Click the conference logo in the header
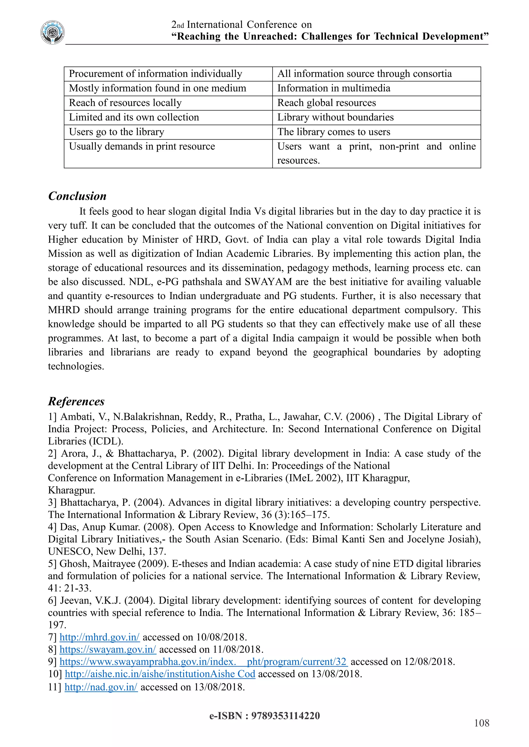click(x=52, y=32)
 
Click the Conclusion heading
click(x=77, y=196)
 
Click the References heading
click(x=76, y=401)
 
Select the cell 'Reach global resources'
click(x=326, y=103)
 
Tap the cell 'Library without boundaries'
click(x=335, y=117)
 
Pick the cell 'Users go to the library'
click(x=116, y=132)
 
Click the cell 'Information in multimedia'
click(x=333, y=88)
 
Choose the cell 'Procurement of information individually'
click(x=155, y=74)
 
